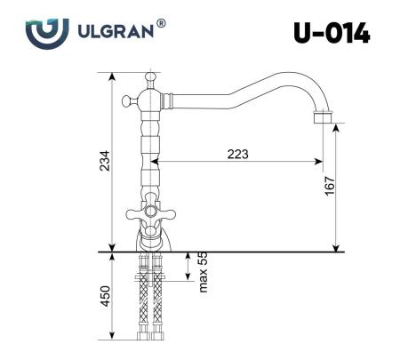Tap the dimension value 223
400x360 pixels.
pyautogui.click(x=237, y=154)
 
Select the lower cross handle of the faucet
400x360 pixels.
pyautogui.click(x=150, y=214)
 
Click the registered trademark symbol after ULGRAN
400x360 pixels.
pyautogui.click(x=160, y=24)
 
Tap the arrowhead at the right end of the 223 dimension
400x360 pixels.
pyautogui.click(x=317, y=163)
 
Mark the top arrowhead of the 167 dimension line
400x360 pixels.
pyautogui.click(x=335, y=128)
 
